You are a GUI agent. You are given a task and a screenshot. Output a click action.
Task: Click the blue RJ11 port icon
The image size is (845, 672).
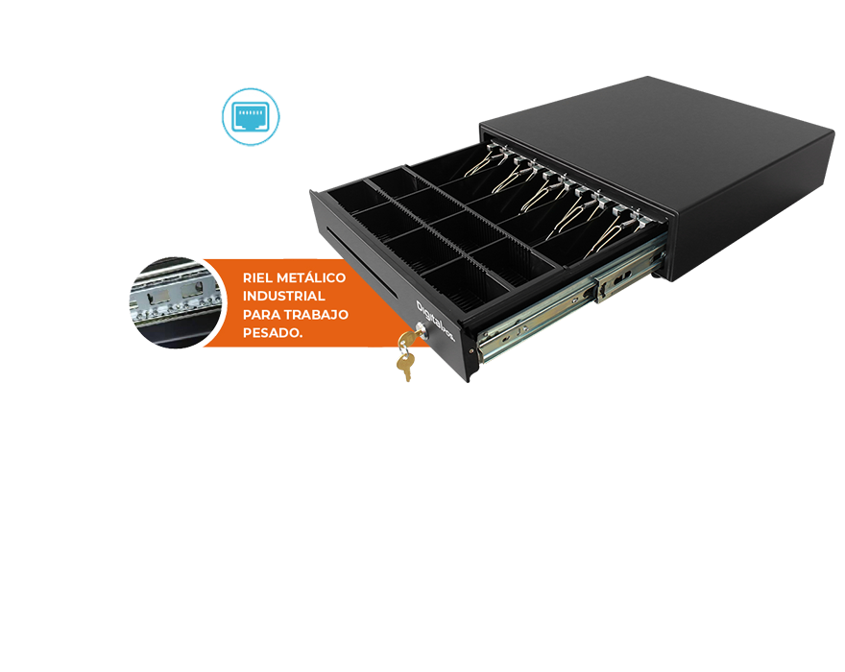[x=251, y=117]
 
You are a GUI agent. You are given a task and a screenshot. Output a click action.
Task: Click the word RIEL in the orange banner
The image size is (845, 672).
[x=258, y=278]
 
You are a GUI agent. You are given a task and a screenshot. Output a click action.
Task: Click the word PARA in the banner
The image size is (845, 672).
[x=260, y=314]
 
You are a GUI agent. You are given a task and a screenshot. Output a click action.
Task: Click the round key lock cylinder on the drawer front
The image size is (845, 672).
[x=420, y=336]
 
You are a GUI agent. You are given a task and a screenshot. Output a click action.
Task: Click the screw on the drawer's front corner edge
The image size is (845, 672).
[x=472, y=349]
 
